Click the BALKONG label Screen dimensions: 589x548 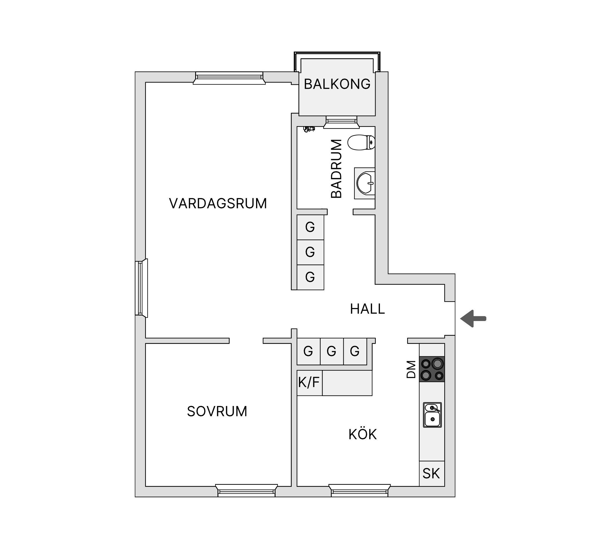tap(337, 84)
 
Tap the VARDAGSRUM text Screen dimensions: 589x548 tap(218, 204)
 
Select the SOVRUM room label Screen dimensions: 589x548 tap(217, 411)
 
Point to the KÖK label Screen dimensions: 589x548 tap(362, 434)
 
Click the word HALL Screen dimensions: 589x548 tap(367, 309)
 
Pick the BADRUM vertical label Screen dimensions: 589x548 tap(336, 168)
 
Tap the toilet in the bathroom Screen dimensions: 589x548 tap(361, 142)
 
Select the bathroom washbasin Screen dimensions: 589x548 tap(365, 183)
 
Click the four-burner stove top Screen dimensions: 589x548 tap(432, 369)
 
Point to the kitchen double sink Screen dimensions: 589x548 tap(432, 415)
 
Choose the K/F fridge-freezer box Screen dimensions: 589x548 tap(309, 383)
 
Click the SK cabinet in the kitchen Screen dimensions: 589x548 tap(432, 473)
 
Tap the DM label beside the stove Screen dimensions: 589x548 tap(411, 369)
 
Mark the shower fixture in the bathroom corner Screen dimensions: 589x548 tap(309, 129)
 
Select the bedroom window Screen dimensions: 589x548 tap(246, 491)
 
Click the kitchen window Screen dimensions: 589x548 tap(359, 491)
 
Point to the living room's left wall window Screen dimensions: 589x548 tap(141, 288)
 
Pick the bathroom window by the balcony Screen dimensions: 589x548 tap(341, 122)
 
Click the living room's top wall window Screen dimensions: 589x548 tap(229, 78)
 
